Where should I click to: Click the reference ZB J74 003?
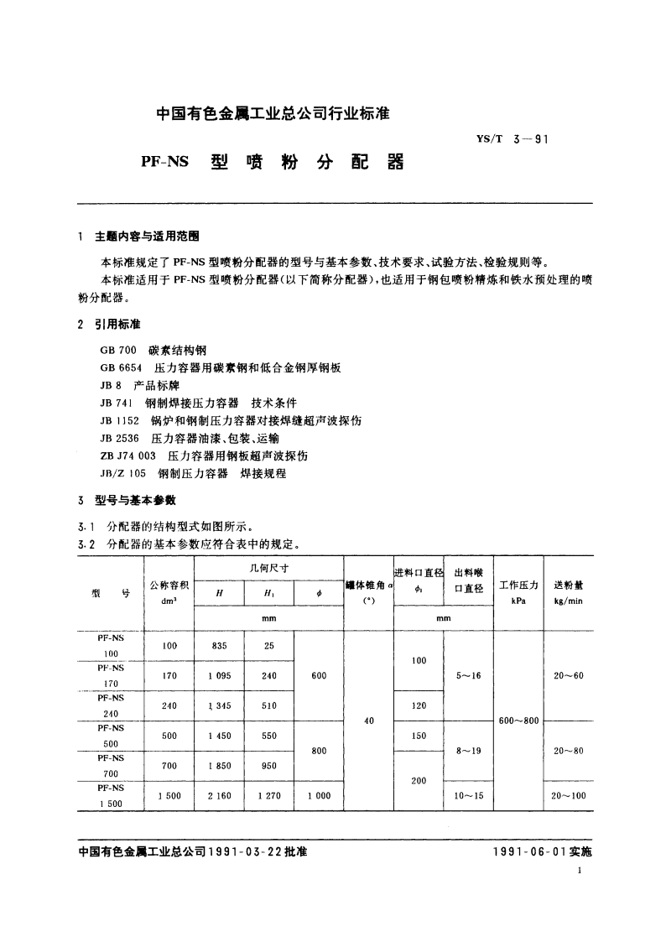pos(131,456)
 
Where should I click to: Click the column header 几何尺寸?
pos(268,567)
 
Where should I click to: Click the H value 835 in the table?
pos(219,646)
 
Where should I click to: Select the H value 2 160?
pos(219,795)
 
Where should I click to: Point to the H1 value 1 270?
pos(268,795)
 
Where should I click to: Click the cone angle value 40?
pos(368,720)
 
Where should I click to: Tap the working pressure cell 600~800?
pos(518,720)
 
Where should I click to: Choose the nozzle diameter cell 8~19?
pos(468,751)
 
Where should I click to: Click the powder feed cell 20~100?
pos(568,795)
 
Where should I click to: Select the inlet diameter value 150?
pos(418,736)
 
